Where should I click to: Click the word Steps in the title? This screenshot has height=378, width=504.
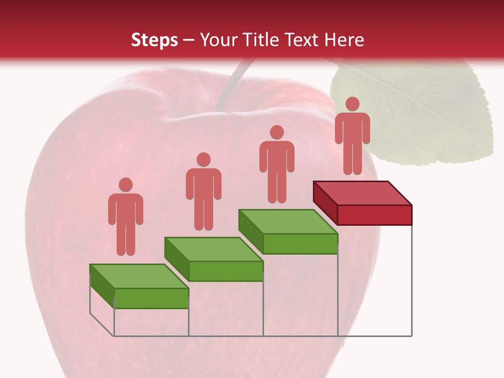[x=154, y=40]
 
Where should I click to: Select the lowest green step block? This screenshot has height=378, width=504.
[x=140, y=286]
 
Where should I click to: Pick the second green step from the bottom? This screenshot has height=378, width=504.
[x=214, y=259]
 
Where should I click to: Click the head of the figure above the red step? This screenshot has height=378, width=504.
[x=352, y=104]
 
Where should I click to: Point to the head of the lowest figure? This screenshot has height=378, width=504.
[x=125, y=185]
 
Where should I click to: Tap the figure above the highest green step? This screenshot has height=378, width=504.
[x=277, y=165]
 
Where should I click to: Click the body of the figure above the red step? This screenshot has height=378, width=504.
[x=352, y=136]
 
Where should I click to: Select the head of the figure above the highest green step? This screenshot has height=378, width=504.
[x=277, y=132]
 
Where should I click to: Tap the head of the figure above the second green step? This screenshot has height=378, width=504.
[x=203, y=160]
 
